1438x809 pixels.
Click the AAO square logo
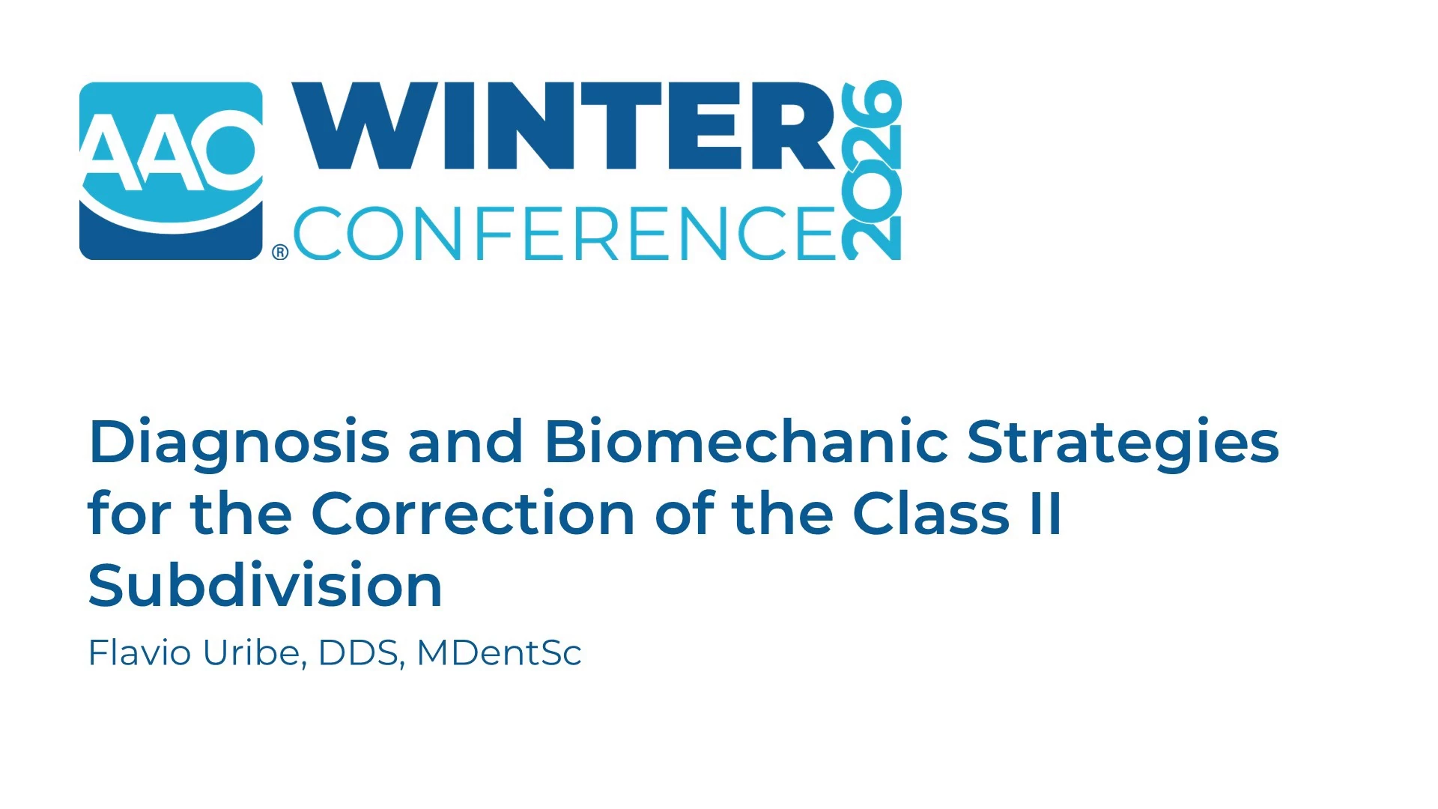(171, 171)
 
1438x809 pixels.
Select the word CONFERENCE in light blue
(565, 233)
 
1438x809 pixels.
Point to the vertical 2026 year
(871, 170)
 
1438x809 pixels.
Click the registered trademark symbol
(280, 252)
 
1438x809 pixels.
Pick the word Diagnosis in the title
(239, 443)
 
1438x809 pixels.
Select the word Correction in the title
(473, 513)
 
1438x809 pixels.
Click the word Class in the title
(931, 513)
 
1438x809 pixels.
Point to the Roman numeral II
(1046, 513)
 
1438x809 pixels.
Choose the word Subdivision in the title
(265, 584)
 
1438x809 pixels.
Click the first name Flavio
(140, 652)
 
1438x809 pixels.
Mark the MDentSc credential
(499, 653)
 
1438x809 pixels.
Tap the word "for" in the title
(130, 513)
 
